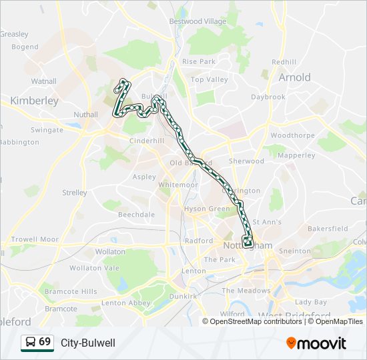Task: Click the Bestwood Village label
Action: click(198, 21)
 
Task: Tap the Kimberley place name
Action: click(35, 101)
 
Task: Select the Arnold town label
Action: click(294, 77)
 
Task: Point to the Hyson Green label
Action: click(206, 209)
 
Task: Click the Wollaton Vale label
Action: click(95, 267)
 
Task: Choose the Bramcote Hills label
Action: click(71, 291)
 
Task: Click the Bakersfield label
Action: click(328, 228)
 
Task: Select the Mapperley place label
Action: click(296, 155)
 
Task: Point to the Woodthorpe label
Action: click(292, 135)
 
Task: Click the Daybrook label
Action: click(268, 97)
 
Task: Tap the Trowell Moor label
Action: click(35, 239)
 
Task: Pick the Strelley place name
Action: click(75, 193)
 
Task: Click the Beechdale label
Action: click(136, 215)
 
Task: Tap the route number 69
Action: click(45, 342)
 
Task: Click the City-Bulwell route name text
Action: click(88, 343)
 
